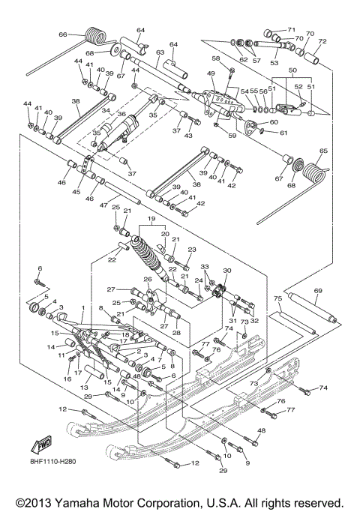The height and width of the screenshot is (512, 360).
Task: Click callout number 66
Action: [63, 34]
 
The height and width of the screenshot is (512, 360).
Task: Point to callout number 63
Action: [160, 52]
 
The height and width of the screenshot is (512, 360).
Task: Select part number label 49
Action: [211, 73]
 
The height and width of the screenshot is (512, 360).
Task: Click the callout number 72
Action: [322, 41]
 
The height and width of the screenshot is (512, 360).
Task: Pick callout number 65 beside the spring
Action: [324, 151]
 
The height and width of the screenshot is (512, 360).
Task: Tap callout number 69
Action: [318, 290]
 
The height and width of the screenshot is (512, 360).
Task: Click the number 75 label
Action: [277, 298]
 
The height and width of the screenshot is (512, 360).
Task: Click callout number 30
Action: [227, 271]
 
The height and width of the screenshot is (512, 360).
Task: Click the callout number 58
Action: [216, 58]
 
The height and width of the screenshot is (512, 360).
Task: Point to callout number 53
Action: [283, 63]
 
